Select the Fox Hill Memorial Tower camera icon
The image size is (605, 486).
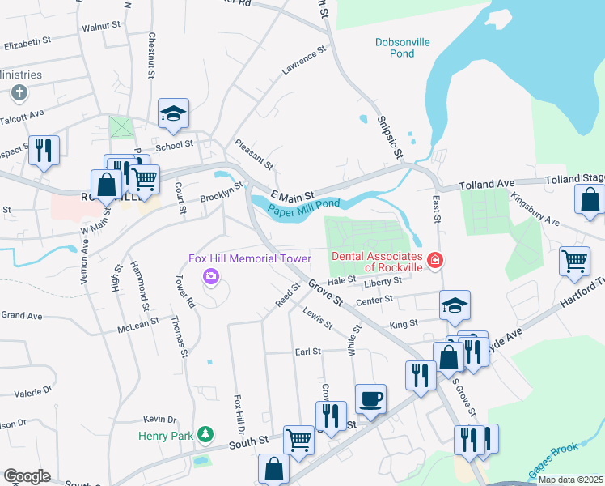211,277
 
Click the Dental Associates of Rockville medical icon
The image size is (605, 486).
435,260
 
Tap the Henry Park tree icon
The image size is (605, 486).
206,435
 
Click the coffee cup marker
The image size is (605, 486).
370,399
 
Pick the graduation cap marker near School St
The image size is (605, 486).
173,114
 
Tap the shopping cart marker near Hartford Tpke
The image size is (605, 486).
575,261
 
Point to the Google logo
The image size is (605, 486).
27,476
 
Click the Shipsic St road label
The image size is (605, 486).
389,136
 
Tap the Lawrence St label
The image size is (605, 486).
303,61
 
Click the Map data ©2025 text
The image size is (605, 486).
571,480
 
